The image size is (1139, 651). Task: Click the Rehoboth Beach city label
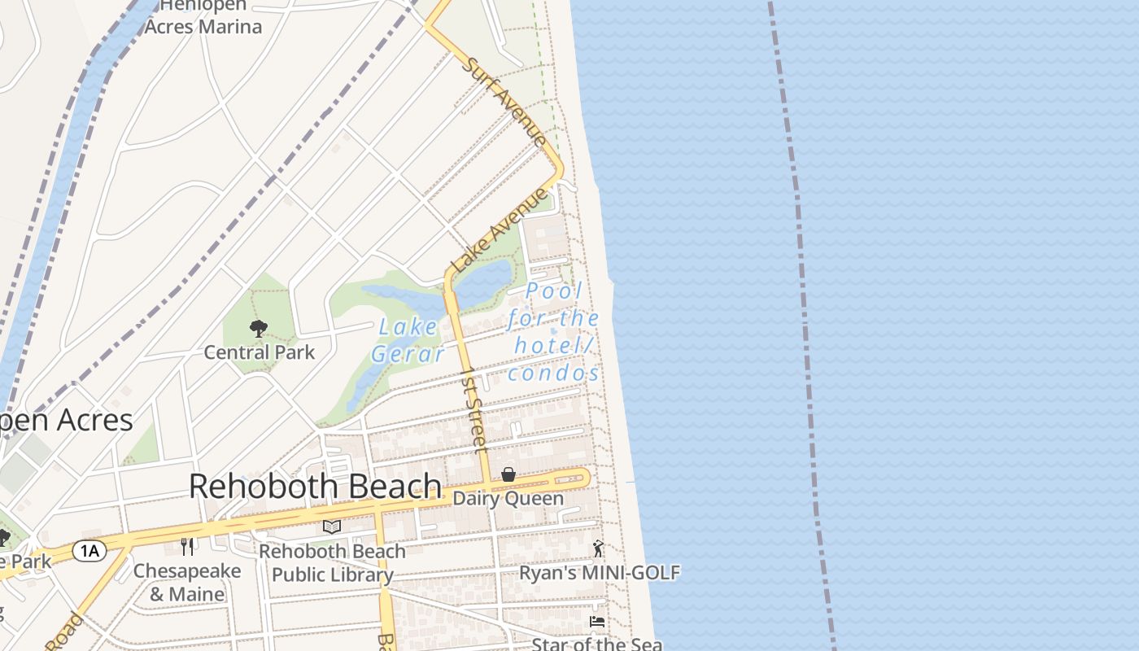click(316, 487)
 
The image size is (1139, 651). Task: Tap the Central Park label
click(259, 352)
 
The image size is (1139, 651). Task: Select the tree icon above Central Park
click(259, 329)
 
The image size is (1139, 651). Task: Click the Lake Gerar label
click(408, 340)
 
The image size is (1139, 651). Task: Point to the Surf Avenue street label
click(504, 102)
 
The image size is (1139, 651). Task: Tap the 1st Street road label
click(473, 409)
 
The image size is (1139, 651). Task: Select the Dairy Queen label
click(508, 499)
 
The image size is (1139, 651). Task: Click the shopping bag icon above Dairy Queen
click(508, 474)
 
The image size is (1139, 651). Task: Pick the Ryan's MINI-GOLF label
click(600, 573)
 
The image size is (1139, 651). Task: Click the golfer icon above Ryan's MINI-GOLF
click(599, 548)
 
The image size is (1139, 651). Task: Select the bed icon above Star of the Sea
click(597, 622)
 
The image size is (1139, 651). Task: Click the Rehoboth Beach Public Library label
click(332, 563)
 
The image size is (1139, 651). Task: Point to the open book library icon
click(331, 527)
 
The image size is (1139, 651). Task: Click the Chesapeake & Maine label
click(187, 583)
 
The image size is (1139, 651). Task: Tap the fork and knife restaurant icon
click(187, 546)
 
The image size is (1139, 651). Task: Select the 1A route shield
click(89, 551)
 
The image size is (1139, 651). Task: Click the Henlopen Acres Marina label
click(203, 16)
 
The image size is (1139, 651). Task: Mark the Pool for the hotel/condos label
click(554, 331)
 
